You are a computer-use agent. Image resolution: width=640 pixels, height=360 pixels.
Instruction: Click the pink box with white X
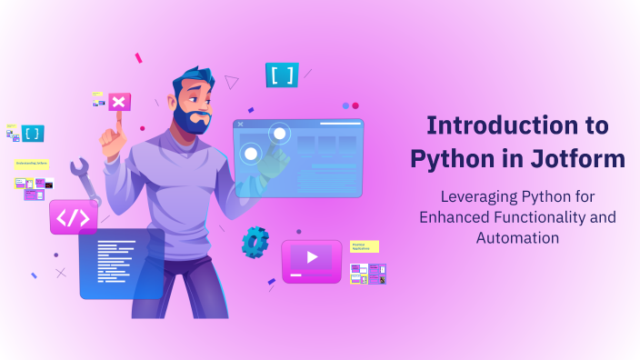[118, 101]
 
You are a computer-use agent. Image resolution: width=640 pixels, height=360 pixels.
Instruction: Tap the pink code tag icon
[74, 217]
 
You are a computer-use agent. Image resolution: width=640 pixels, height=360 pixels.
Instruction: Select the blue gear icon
[255, 241]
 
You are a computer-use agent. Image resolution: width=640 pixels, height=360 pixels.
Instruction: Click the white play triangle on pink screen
[312, 257]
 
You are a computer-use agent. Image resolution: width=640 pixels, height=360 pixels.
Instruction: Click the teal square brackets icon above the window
[282, 75]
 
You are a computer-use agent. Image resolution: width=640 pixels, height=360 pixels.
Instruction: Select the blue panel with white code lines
[121, 263]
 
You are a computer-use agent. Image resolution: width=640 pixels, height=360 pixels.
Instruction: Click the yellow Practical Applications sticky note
[364, 246]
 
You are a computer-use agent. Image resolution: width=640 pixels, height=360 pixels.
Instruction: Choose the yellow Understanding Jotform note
[32, 165]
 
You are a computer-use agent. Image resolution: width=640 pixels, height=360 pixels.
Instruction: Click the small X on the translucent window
[240, 124]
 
